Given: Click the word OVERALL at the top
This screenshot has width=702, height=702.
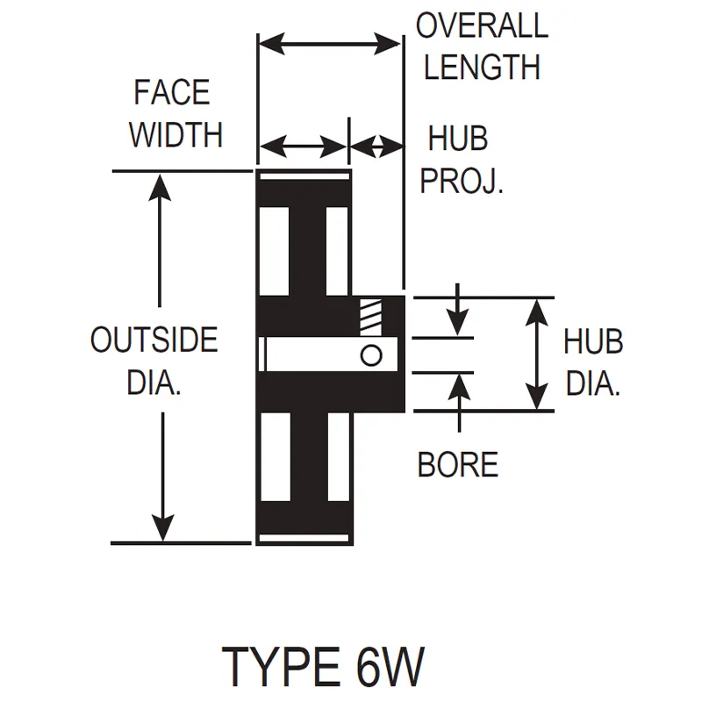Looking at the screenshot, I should click(x=482, y=25).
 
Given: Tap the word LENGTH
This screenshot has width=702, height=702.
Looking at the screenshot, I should click(x=482, y=67).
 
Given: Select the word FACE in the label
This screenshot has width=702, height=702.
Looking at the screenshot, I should click(x=172, y=92).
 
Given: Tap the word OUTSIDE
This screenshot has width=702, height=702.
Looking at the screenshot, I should click(x=154, y=340).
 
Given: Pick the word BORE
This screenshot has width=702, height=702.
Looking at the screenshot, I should click(x=457, y=464).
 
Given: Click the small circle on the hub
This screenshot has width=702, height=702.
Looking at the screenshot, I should click(x=371, y=355).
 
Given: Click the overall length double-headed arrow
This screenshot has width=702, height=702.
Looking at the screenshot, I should click(x=329, y=41).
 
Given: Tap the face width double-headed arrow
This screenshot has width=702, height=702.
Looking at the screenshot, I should click(x=303, y=147).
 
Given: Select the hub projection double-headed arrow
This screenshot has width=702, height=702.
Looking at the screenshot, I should click(x=376, y=147).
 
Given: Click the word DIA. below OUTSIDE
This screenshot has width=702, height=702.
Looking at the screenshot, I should click(x=154, y=383).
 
